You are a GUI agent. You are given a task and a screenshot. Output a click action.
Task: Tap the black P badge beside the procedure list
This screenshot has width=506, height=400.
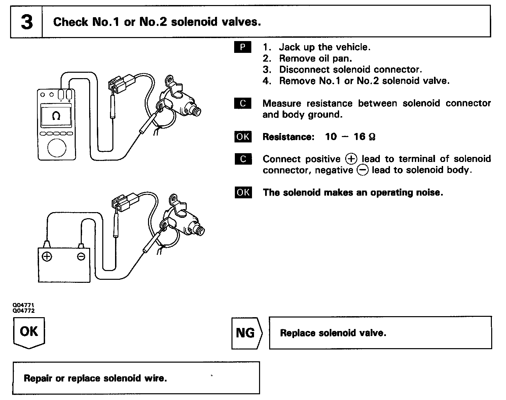[243, 47]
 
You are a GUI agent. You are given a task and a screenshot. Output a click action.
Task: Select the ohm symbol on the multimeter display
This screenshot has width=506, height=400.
[56, 116]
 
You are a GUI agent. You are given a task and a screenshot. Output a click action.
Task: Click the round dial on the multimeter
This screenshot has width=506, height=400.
[57, 147]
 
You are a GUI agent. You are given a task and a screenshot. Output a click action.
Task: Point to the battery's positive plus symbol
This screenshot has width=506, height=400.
[47, 257]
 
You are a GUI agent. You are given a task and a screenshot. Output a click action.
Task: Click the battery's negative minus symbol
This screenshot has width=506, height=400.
[81, 257]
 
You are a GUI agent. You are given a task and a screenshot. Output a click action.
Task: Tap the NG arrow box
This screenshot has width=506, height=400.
[246, 333]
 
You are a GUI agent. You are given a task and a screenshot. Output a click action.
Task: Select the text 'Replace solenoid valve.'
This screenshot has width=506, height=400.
[333, 333]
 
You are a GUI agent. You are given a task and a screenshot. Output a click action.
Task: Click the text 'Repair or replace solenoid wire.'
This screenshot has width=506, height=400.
[95, 378]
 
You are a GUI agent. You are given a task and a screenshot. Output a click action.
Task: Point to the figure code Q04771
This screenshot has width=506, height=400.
[23, 305]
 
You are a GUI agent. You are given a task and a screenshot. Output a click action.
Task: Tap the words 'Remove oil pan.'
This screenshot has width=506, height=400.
[315, 59]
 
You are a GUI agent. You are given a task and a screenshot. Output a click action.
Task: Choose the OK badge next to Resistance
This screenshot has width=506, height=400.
[243, 137]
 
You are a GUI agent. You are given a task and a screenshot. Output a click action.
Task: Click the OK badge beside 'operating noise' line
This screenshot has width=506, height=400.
[243, 192]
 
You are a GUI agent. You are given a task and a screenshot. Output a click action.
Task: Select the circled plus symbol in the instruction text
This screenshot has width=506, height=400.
[351, 159]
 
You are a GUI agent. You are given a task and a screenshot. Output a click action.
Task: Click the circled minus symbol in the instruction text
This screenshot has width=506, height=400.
[362, 170]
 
